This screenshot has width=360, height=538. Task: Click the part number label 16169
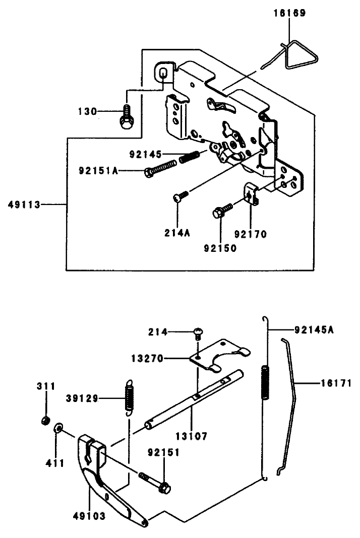tap(289, 14)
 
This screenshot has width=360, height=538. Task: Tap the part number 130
tap(87, 111)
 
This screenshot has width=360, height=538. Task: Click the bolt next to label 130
tap(125, 117)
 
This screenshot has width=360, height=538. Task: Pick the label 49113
tap(24, 205)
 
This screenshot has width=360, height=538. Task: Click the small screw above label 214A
tap(181, 197)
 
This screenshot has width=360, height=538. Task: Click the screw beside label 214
tap(198, 332)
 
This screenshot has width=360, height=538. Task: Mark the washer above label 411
tap(58, 429)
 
